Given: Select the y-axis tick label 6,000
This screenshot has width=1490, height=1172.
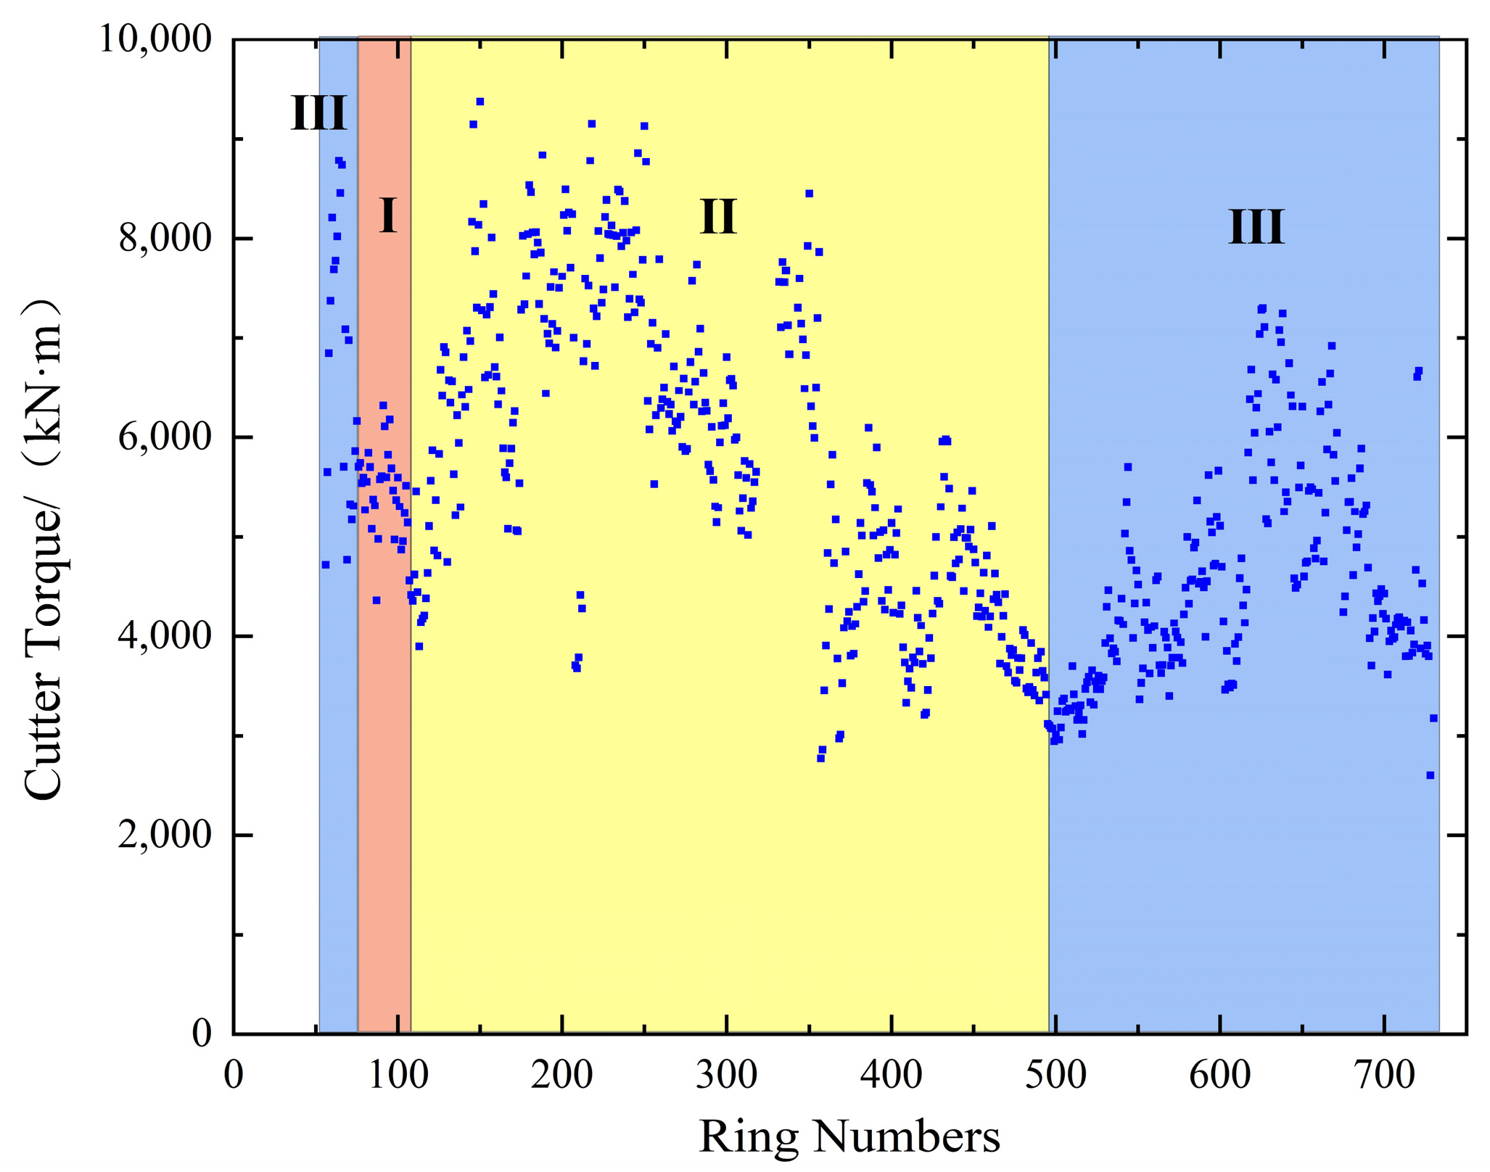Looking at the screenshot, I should point(165,437).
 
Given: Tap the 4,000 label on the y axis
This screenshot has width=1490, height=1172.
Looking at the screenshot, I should point(165,636).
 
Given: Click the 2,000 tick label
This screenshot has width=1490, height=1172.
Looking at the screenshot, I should point(165,835).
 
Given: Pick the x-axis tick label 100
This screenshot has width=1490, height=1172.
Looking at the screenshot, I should point(398,1076).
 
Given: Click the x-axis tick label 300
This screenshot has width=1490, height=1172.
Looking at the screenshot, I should point(727,1076).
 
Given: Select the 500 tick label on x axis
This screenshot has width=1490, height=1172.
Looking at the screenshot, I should point(1055,1076).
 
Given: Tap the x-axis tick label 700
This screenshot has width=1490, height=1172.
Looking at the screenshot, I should point(1384,1076).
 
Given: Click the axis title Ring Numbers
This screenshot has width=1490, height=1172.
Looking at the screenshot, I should point(849,1136).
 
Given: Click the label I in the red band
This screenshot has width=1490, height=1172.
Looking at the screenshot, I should point(388,215).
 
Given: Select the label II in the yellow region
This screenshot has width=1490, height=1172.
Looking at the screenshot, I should point(718,216).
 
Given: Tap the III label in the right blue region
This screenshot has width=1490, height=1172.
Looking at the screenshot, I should point(1256,227).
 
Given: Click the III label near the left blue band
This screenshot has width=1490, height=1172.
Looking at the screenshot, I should point(318,113).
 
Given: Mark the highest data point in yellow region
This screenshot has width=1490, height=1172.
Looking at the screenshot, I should point(479,102).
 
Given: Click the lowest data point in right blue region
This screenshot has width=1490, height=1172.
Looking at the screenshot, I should point(1430,775).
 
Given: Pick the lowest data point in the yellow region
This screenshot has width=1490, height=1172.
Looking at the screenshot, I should point(820,758).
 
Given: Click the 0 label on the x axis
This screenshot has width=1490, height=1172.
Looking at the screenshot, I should point(234,1076).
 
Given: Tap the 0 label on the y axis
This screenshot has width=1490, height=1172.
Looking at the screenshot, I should point(202,1033).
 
